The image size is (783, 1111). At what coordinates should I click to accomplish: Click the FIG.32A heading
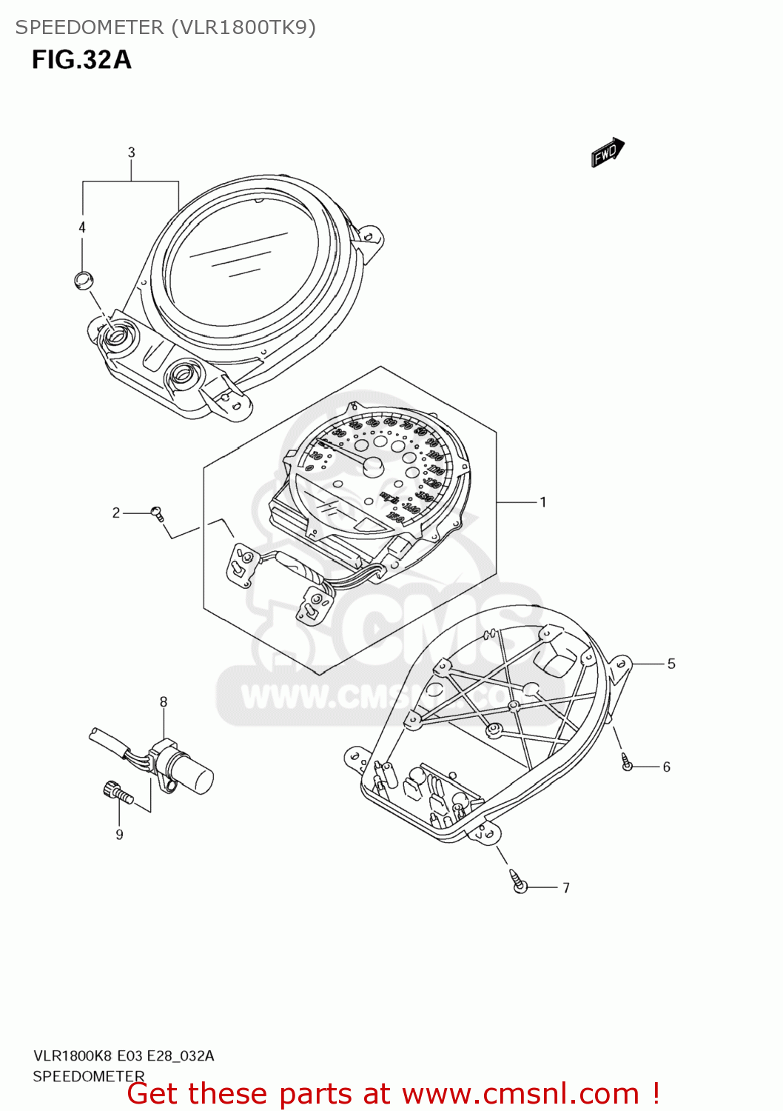coord(81,59)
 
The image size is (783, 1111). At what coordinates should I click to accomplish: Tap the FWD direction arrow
coord(608,153)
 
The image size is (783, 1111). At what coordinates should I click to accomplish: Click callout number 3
coord(131,153)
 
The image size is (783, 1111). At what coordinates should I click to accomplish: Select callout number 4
coord(82,227)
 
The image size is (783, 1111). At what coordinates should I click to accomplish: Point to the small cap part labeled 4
coord(83,280)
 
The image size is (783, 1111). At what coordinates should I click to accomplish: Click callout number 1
coord(542,502)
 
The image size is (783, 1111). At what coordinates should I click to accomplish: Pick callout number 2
coord(116,513)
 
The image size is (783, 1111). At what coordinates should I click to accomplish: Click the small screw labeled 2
coord(157,513)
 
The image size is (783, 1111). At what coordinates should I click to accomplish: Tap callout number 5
coord(671,664)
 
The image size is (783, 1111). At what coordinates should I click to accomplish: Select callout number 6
coord(666,767)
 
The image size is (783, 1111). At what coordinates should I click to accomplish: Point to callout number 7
coord(566,887)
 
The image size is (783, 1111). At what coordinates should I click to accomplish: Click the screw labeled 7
coord(520,883)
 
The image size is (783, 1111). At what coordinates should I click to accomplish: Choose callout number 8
coord(164,701)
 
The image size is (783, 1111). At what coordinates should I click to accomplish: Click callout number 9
coord(119,835)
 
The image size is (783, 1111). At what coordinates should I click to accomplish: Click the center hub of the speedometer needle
coord(372,466)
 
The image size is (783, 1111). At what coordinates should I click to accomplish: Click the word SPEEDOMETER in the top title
coord(90,27)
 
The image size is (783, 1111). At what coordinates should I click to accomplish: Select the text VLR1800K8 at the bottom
coord(72,1055)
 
